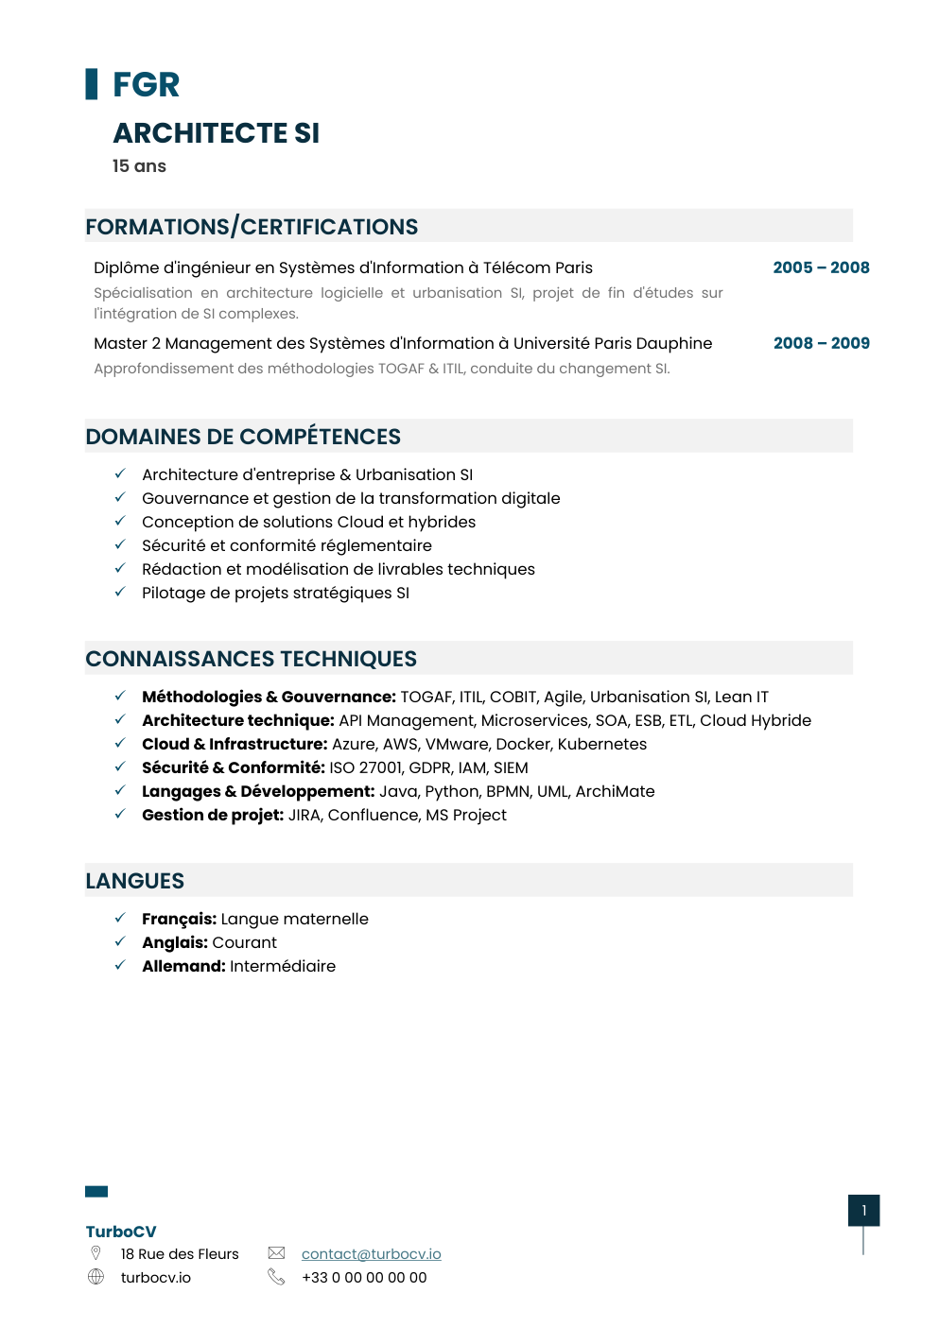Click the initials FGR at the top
[146, 85]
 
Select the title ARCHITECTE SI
[216, 133]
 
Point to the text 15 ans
[139, 166]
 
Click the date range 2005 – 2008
[821, 267]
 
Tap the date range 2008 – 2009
[821, 343]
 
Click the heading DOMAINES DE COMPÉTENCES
[243, 437]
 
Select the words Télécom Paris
[538, 267]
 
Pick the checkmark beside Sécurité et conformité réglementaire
[120, 544]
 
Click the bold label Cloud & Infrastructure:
[235, 744]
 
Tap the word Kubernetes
[602, 744]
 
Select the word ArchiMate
[615, 791]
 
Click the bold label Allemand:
[183, 966]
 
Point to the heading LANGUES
[135, 881]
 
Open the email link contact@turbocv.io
[371, 1253]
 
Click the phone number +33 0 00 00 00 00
[364, 1277]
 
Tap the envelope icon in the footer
[276, 1253]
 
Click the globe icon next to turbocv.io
[96, 1277]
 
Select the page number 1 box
[863, 1211]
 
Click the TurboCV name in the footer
[121, 1232]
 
